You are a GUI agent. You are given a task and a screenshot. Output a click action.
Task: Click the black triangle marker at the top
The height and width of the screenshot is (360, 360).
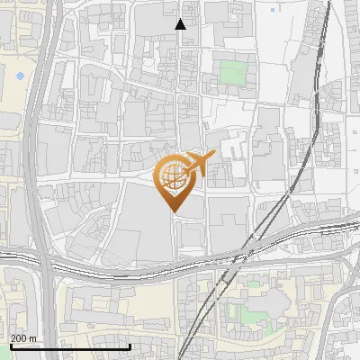point(181,24)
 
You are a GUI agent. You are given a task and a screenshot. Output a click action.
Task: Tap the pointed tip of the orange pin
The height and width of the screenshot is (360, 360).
point(175,211)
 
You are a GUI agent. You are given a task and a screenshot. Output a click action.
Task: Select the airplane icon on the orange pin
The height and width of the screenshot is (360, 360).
point(198,163)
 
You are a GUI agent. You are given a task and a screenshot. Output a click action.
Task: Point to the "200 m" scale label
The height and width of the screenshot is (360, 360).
point(23,338)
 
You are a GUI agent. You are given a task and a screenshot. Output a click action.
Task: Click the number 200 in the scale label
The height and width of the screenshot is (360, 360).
point(19,338)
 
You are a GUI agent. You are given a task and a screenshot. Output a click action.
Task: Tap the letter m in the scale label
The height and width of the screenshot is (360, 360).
point(32,338)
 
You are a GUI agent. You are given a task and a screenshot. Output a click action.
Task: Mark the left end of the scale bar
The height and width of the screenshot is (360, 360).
point(10,346)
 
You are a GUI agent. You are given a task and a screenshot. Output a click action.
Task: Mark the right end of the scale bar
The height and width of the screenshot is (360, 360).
point(130,346)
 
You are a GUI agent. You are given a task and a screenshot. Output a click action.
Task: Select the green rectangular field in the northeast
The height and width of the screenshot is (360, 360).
point(232,73)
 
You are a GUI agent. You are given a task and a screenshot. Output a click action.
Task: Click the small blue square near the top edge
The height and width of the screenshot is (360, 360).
point(273,10)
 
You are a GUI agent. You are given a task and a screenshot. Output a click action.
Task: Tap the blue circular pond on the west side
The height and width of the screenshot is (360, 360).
point(19,76)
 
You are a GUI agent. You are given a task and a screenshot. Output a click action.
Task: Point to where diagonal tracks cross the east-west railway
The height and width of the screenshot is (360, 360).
point(236,264)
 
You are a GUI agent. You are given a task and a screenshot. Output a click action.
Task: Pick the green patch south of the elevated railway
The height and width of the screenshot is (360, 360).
point(235,311)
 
